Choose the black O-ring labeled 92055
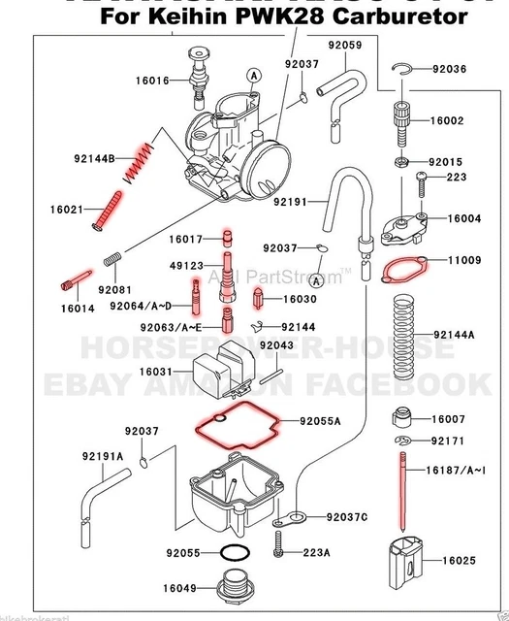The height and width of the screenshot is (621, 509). coord(234,553)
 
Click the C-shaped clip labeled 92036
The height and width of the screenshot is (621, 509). coord(408,68)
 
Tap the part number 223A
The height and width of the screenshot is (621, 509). coord(318,553)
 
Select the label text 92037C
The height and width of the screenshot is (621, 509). coord(348,516)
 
